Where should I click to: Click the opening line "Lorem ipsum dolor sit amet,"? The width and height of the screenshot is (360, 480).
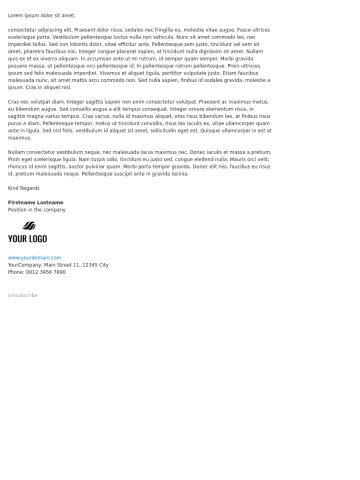pyautogui.click(x=41, y=16)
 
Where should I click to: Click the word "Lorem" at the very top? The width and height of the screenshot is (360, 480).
pyautogui.click(x=15, y=16)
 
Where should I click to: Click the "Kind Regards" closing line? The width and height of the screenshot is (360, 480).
pyautogui.click(x=25, y=187)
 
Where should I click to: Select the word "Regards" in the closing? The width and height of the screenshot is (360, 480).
pyautogui.click(x=32, y=187)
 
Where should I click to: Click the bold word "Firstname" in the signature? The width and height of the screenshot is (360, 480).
pyautogui.click(x=22, y=202)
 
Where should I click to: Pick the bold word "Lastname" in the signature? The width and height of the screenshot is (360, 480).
pyautogui.click(x=50, y=202)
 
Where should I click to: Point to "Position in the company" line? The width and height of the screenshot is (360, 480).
pyautogui.click(x=37, y=209)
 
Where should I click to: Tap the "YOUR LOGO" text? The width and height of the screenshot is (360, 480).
pyautogui.click(x=27, y=239)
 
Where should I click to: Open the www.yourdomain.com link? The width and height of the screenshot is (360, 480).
pyautogui.click(x=34, y=258)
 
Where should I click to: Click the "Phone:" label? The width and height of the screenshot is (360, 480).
pyautogui.click(x=16, y=272)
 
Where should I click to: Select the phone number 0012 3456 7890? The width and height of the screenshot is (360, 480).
pyautogui.click(x=46, y=272)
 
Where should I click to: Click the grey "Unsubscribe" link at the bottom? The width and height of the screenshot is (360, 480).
pyautogui.click(x=23, y=295)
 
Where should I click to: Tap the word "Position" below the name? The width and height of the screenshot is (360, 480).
pyautogui.click(x=18, y=209)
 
